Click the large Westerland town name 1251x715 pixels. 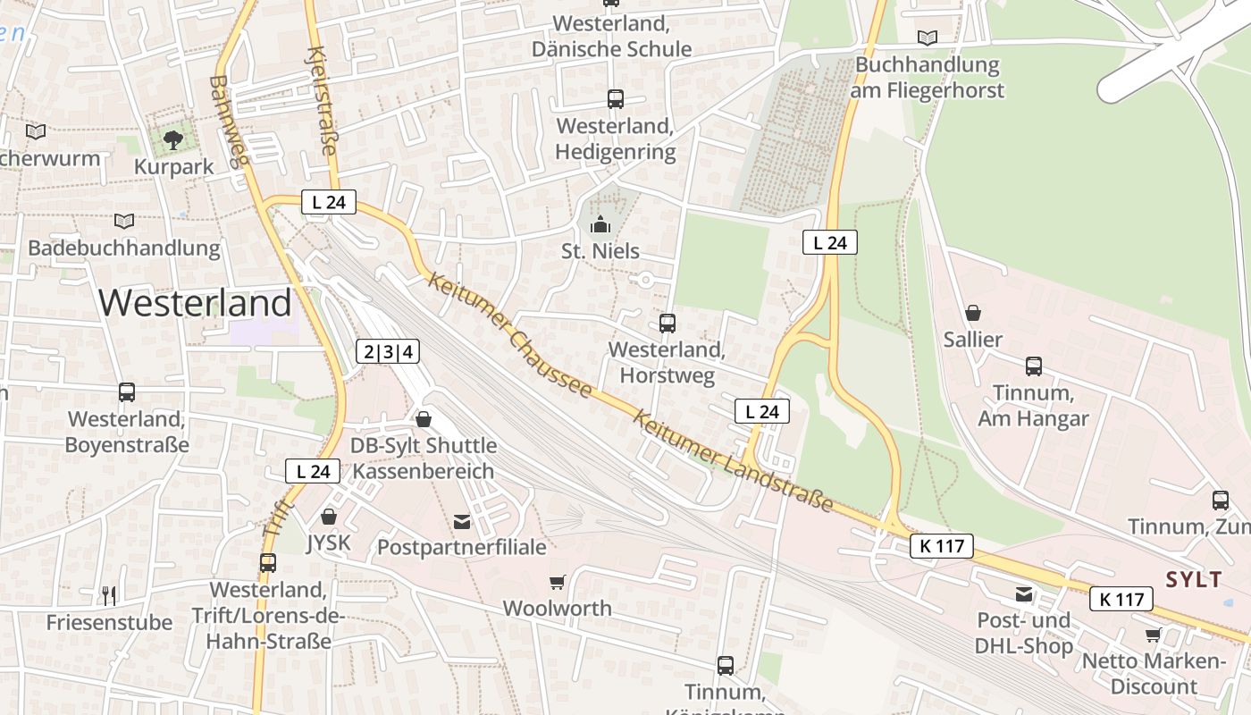195,303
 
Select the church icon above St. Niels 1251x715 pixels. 600,223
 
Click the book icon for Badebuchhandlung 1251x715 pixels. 124,221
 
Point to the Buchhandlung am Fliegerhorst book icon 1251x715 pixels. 928,38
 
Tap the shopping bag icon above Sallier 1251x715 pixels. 973,313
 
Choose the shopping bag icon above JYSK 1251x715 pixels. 328,517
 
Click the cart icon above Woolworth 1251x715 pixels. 557,583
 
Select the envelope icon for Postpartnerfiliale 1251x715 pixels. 462,521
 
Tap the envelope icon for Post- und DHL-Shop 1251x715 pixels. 1023,594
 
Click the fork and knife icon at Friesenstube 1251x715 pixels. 109,595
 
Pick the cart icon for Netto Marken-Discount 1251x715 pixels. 1153,635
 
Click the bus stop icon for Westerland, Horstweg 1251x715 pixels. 667,323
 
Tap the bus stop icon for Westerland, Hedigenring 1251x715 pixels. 615,99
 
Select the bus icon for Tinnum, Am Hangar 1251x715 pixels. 1033,366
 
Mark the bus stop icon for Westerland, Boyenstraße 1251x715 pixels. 127,391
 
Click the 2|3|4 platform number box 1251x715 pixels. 388,351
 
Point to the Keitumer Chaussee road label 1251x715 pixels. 510,335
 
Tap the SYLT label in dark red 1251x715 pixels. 1193,579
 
